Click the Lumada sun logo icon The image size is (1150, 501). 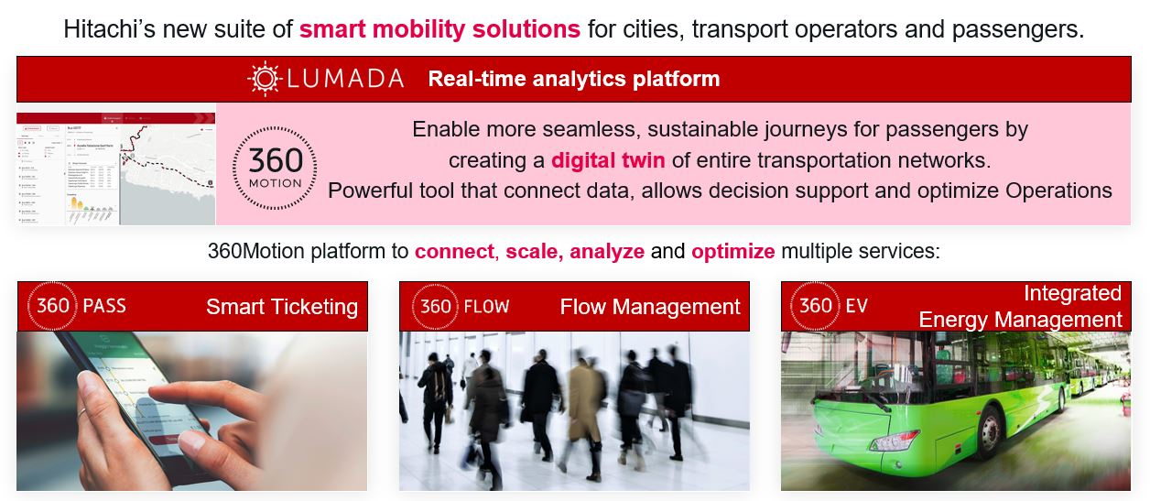pyautogui.click(x=266, y=79)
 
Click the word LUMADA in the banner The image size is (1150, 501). pyautogui.click(x=343, y=79)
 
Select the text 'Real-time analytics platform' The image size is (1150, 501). pyautogui.click(x=573, y=79)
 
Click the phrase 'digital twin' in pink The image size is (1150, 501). pyautogui.click(x=608, y=160)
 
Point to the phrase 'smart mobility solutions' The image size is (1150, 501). pyautogui.click(x=439, y=29)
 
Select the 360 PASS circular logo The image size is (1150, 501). pyautogui.click(x=53, y=305)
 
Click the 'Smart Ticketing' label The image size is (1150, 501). pyautogui.click(x=281, y=307)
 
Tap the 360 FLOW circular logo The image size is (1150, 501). pyautogui.click(x=435, y=305)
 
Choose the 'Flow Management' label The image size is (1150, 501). pyautogui.click(x=650, y=307)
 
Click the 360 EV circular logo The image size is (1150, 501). pyautogui.click(x=816, y=305)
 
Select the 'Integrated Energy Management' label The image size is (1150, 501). pyautogui.click(x=1020, y=306)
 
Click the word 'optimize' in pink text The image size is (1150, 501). pyautogui.click(x=732, y=251)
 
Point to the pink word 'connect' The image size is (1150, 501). pyautogui.click(x=454, y=251)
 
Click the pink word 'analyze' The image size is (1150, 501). pyautogui.click(x=606, y=251)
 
